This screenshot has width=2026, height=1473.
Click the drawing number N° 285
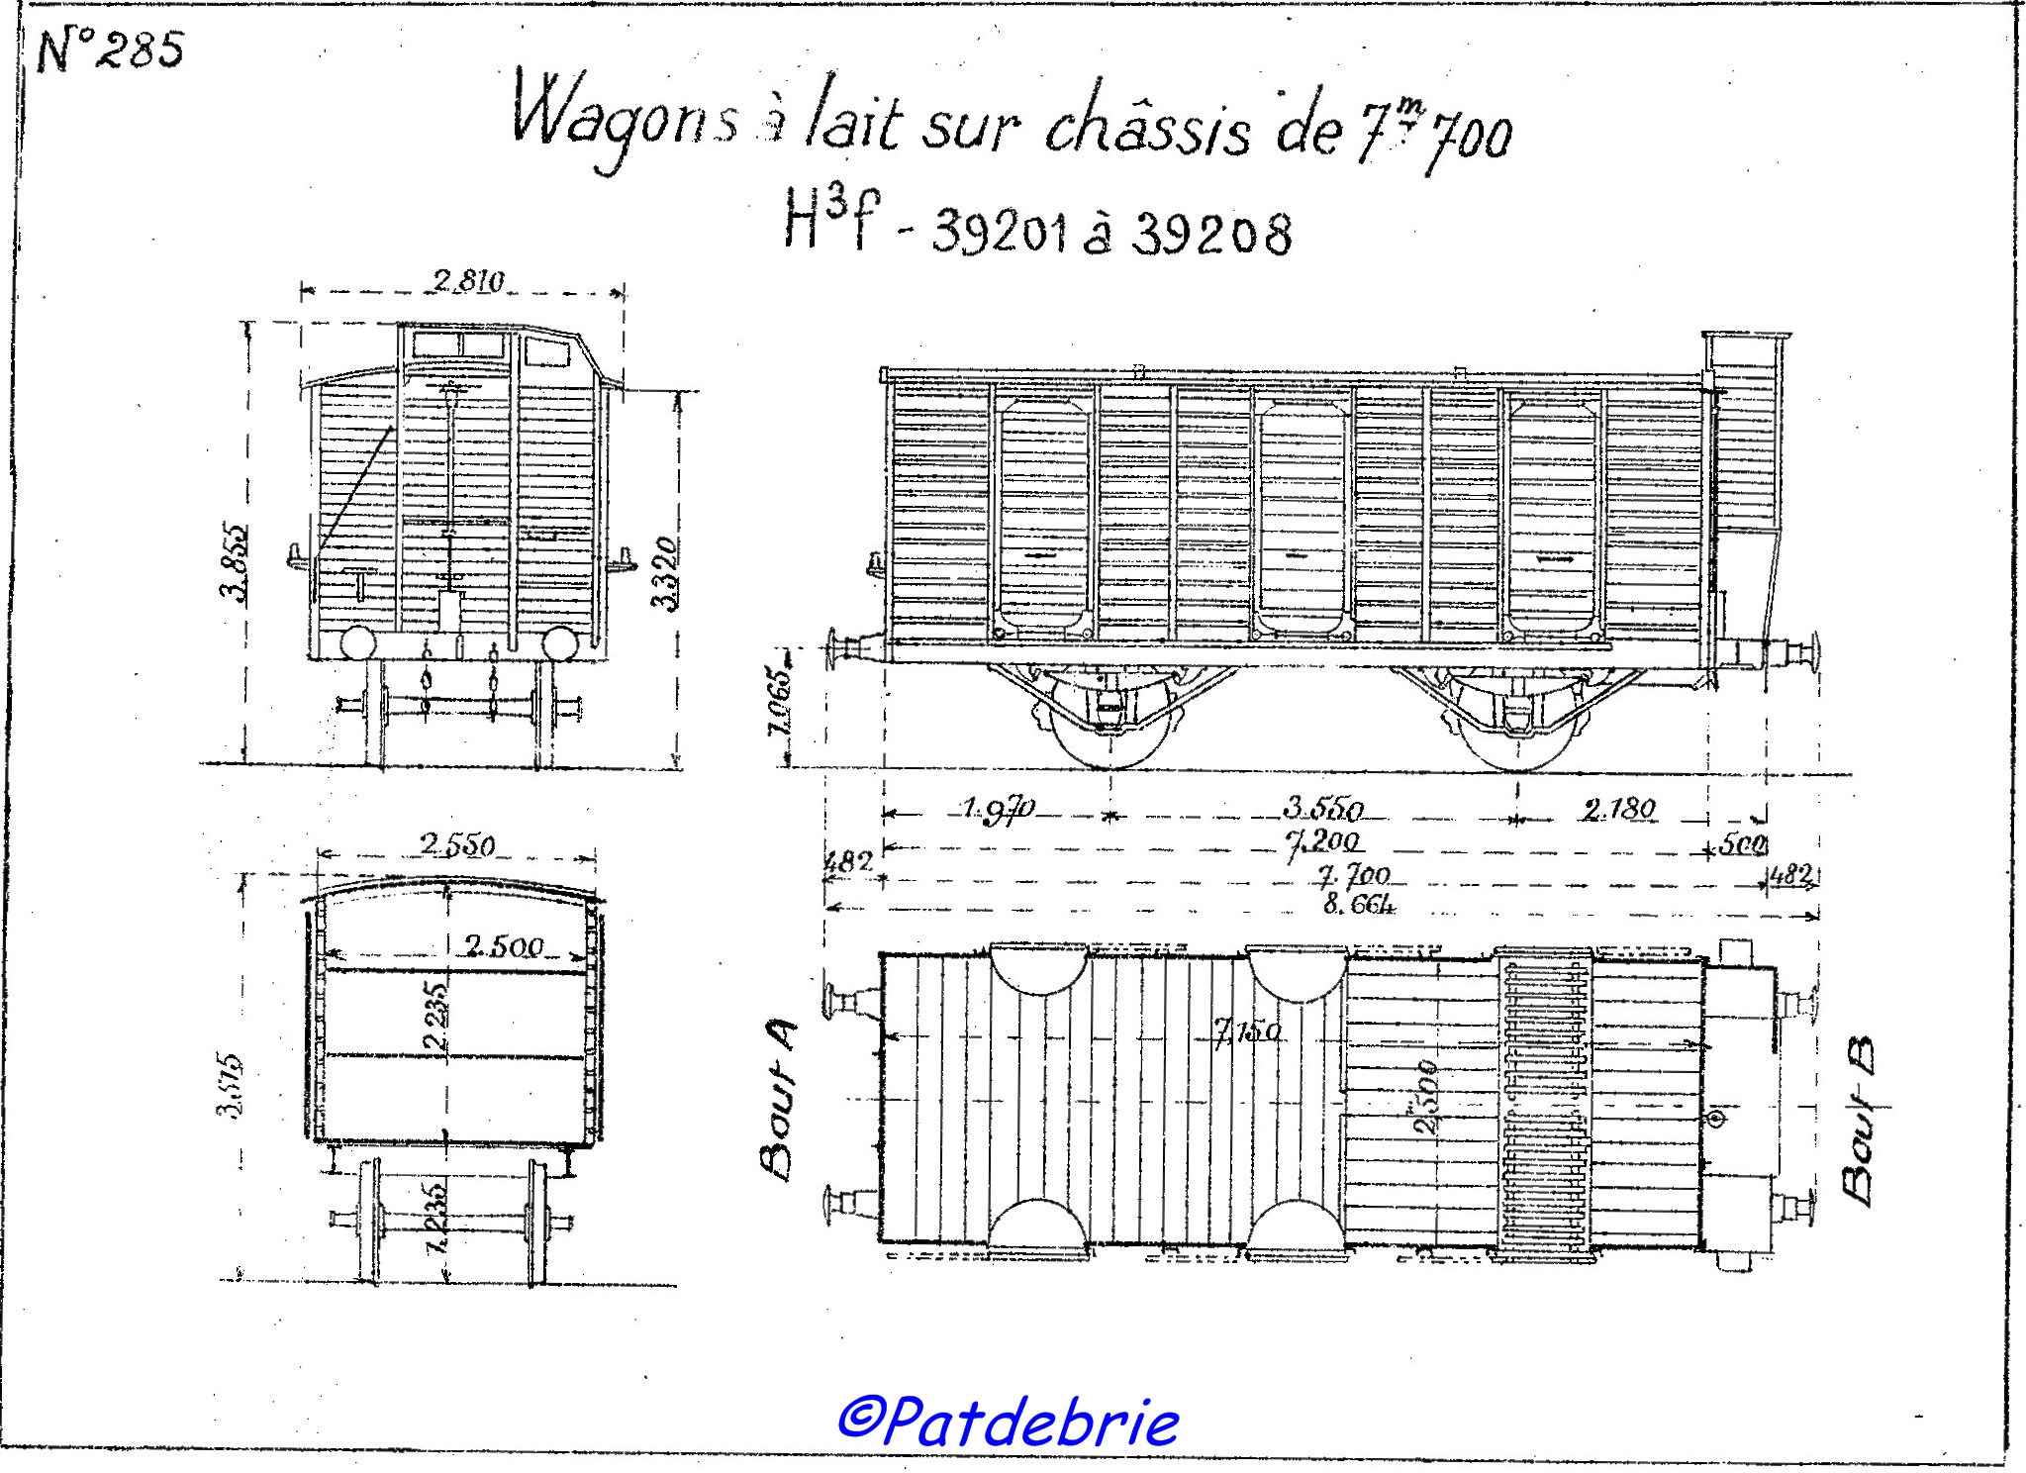pyautogui.click(x=110, y=51)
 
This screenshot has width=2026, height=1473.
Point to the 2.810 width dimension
pyautogui.click(x=468, y=282)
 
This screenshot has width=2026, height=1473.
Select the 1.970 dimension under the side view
pyautogui.click(x=997, y=809)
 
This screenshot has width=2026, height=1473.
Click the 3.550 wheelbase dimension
pyautogui.click(x=1323, y=809)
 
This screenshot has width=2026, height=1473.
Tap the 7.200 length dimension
pyautogui.click(x=1323, y=843)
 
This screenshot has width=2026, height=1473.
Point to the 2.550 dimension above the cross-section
pyautogui.click(x=457, y=845)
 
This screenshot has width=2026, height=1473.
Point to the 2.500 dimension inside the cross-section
pyautogui.click(x=503, y=946)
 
